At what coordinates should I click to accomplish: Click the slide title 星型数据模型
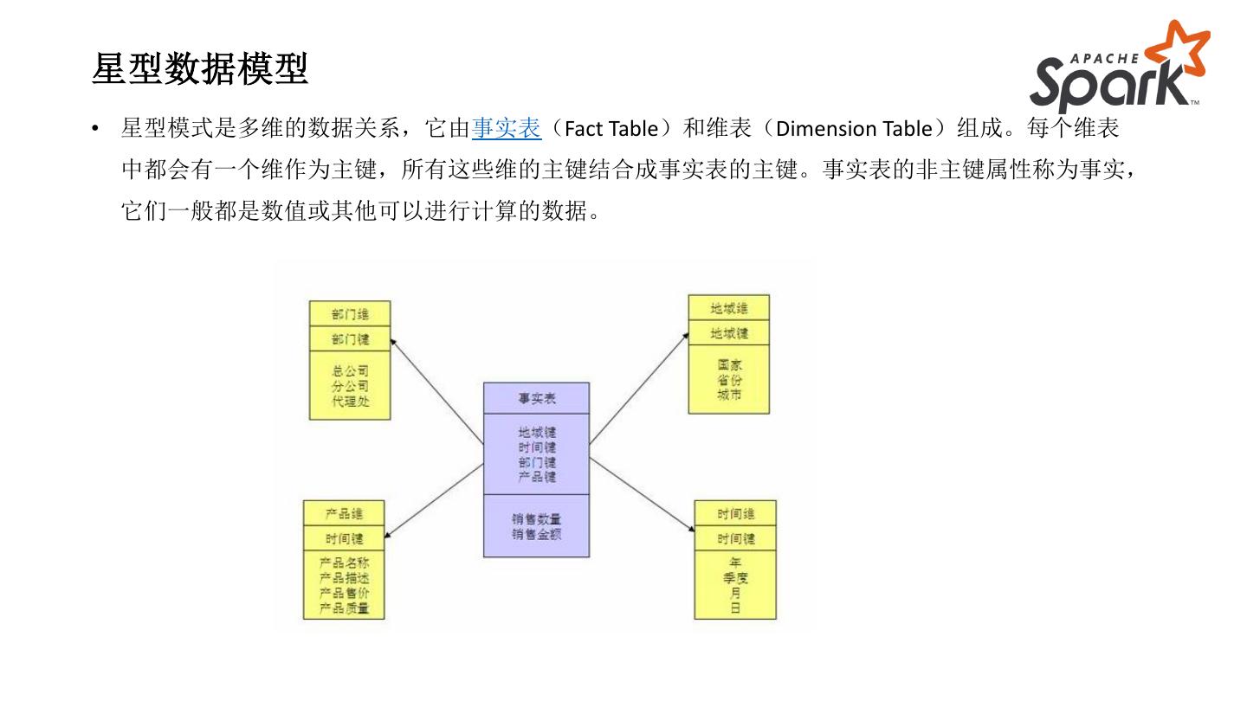point(200,69)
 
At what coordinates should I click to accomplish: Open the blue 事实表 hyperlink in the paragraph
point(507,129)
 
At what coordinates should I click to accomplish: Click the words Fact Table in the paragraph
point(611,129)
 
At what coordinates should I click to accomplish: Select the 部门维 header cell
point(350,313)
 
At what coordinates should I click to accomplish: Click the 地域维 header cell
point(728,308)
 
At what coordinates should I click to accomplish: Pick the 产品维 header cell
point(344,513)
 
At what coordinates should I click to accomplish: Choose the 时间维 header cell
point(735,513)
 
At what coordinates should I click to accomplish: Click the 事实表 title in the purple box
point(536,398)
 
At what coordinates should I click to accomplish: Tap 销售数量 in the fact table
point(536,519)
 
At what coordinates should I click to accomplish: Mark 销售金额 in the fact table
point(536,534)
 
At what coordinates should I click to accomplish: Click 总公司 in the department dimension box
point(350,371)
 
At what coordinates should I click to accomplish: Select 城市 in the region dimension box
point(729,395)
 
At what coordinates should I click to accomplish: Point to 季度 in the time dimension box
point(735,577)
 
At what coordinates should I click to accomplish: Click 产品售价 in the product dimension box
point(344,593)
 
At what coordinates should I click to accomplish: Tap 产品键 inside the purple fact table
point(536,477)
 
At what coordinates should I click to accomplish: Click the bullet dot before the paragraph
point(97,130)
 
